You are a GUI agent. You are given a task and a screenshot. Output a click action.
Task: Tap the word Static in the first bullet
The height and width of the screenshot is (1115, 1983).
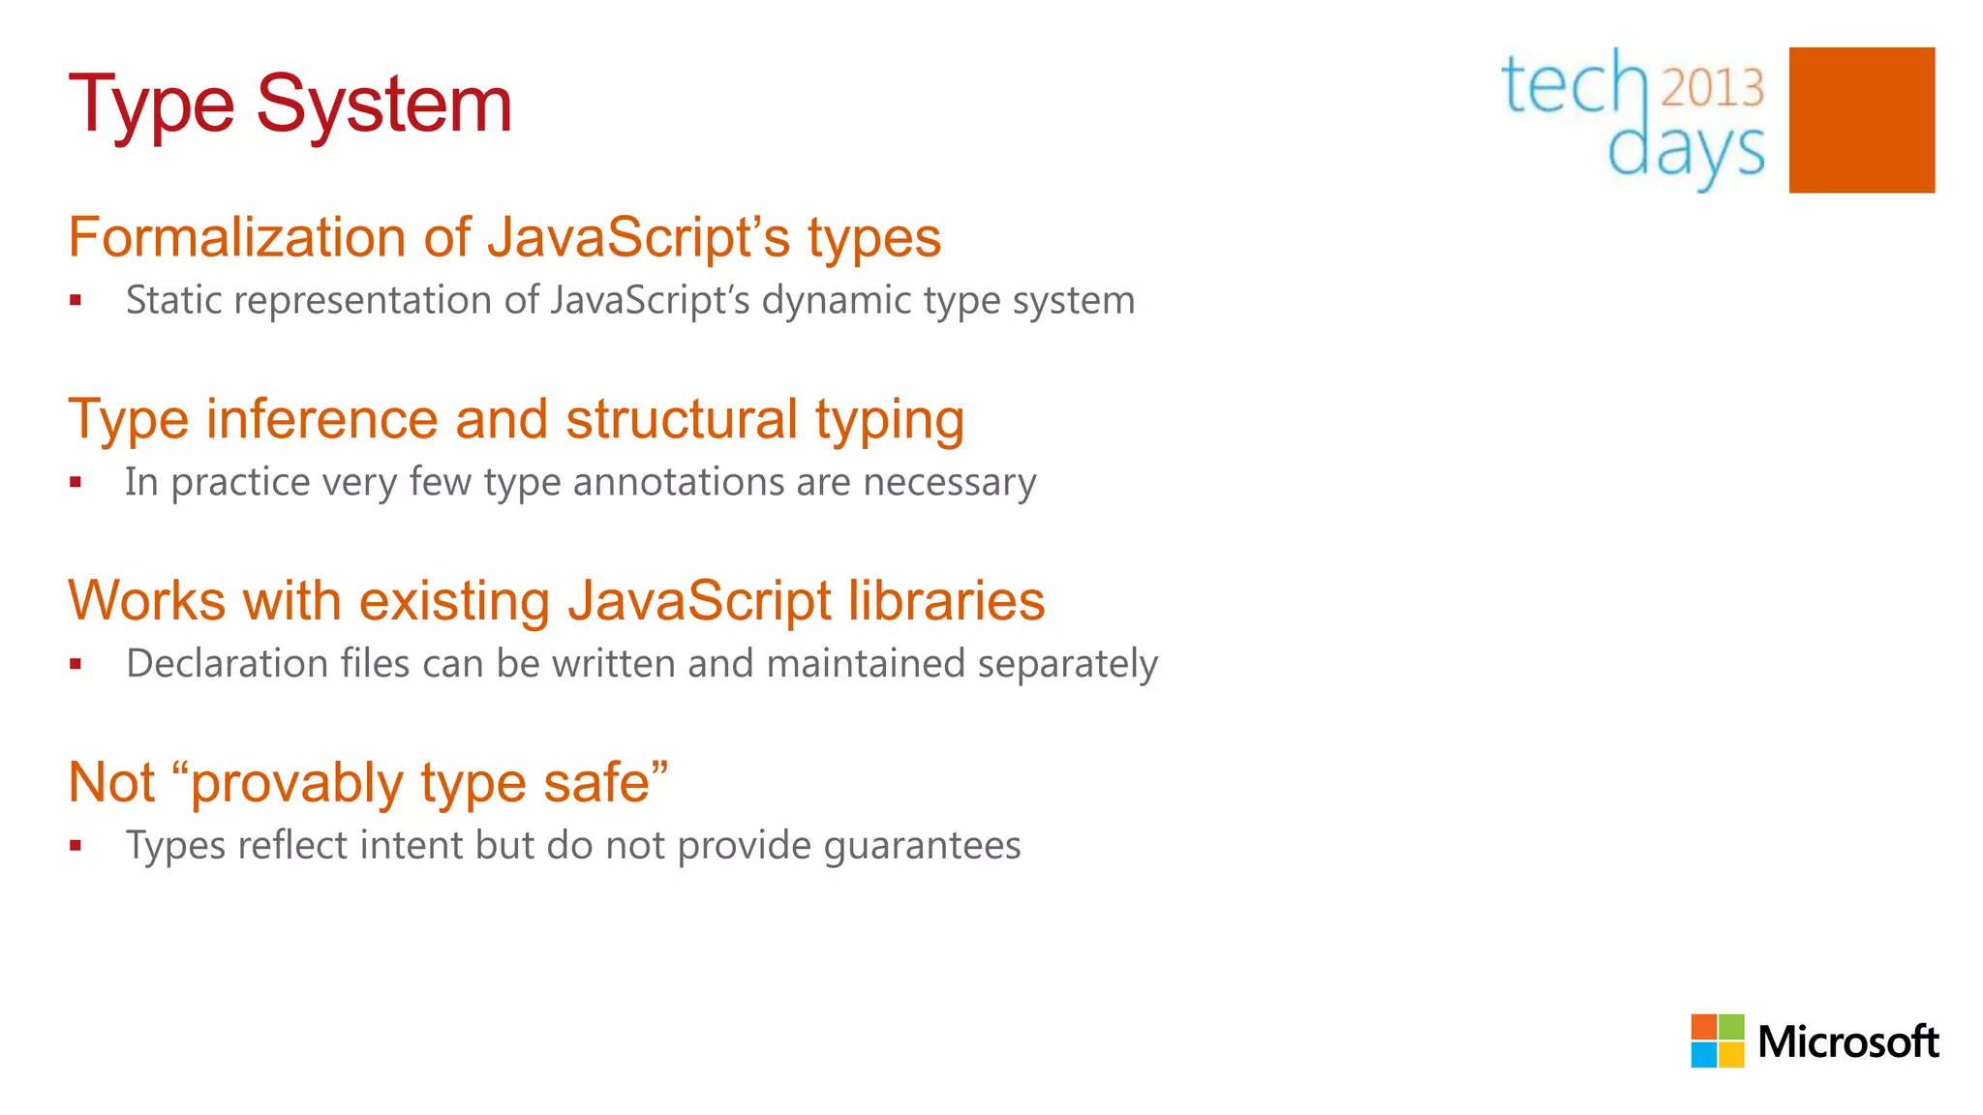[168, 300]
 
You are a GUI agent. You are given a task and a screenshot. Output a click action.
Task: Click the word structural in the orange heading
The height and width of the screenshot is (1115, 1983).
[682, 419]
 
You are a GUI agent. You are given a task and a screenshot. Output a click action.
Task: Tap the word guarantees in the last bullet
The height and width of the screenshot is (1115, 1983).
[922, 845]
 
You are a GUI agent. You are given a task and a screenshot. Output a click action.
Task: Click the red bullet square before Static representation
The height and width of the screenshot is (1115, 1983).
[76, 301]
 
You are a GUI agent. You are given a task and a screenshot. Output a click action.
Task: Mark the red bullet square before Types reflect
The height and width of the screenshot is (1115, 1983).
[76, 846]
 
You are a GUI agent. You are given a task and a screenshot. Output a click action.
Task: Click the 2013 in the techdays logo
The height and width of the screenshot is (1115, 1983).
[1712, 87]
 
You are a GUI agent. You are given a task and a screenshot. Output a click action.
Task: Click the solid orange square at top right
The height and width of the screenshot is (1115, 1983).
[1861, 120]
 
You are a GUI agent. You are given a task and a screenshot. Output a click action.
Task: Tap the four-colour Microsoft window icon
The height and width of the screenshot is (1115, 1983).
[1717, 1040]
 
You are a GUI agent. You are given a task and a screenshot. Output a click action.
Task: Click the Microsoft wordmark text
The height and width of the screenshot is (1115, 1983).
[1847, 1042]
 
